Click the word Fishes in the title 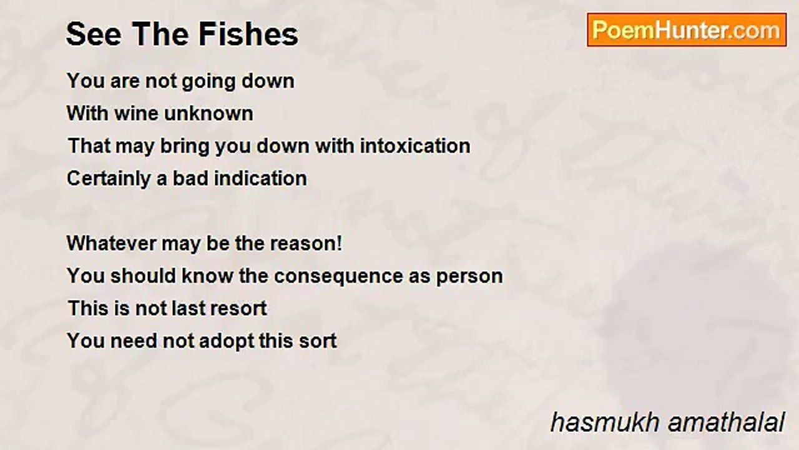coord(248,34)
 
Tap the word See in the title coord(94,34)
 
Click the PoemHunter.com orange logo coord(687,30)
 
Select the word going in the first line coord(209,82)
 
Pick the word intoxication coord(415,146)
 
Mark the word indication coord(260,179)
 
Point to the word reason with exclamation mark coord(306,244)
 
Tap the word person coord(469,277)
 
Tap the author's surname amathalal coord(726,422)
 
